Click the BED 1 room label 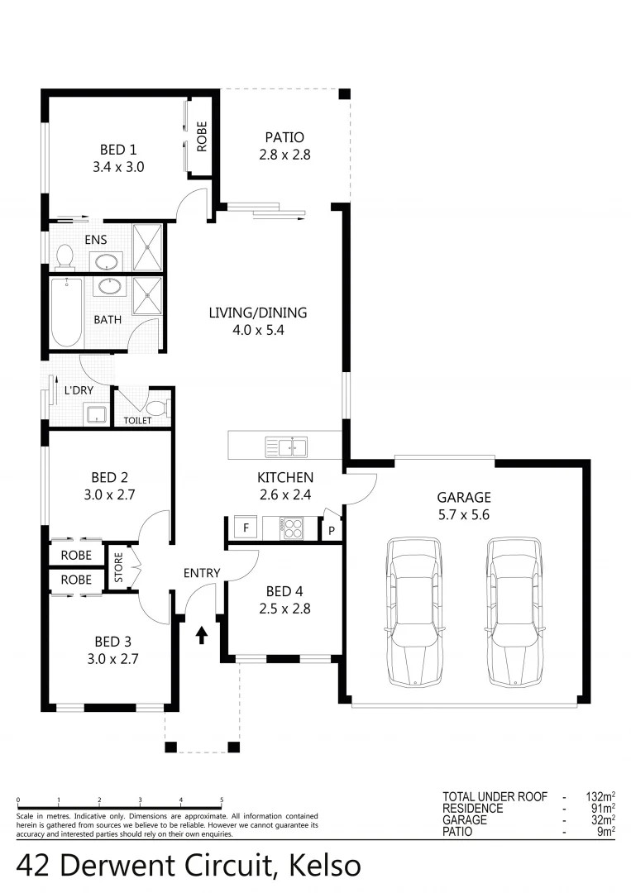[x=117, y=150]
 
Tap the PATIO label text [x=284, y=137]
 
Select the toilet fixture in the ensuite [x=65, y=258]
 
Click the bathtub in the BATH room [x=66, y=313]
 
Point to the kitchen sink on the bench [x=285, y=447]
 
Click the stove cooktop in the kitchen [x=291, y=527]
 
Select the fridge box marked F [x=245, y=528]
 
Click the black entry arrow [x=201, y=635]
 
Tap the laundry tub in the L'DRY [x=97, y=413]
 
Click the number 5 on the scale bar [x=222, y=800]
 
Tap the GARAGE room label [x=464, y=498]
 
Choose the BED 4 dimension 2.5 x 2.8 [x=279, y=609]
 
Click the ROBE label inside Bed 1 [x=201, y=136]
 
